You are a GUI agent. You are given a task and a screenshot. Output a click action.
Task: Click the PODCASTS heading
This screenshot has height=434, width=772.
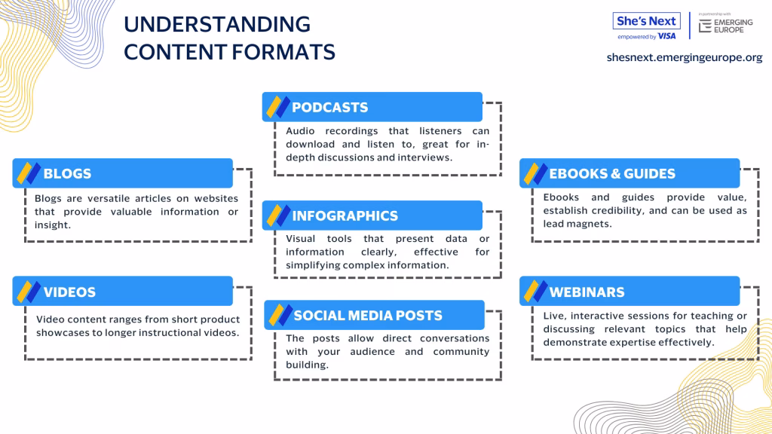coord(330,107)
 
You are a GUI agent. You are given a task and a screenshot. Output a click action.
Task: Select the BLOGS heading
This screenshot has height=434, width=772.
coord(67,174)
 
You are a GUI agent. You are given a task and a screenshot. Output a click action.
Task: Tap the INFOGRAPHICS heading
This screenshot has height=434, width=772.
coord(345,216)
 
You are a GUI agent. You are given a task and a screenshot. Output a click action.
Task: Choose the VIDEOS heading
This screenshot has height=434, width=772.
coord(69,292)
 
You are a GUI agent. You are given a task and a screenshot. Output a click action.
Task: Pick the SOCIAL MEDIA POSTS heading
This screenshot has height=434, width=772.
coord(368,316)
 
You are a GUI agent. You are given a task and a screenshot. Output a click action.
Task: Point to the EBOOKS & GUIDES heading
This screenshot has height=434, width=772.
coord(612,174)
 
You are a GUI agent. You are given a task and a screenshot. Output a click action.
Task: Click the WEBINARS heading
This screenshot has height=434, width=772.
coord(587,292)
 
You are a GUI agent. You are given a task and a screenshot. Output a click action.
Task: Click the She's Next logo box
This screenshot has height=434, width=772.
coord(646,21)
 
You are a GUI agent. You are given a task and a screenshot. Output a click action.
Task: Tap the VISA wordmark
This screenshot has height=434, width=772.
coord(666,36)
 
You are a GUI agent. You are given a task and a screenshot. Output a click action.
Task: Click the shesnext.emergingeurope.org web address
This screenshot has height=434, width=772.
coord(685,57)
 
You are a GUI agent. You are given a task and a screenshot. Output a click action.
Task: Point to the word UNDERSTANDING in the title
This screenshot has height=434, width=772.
coord(217,25)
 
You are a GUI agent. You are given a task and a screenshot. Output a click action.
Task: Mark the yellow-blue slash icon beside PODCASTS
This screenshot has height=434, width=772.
coord(278,107)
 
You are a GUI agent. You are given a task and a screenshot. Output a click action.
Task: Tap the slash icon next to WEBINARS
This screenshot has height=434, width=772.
coord(536,292)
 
